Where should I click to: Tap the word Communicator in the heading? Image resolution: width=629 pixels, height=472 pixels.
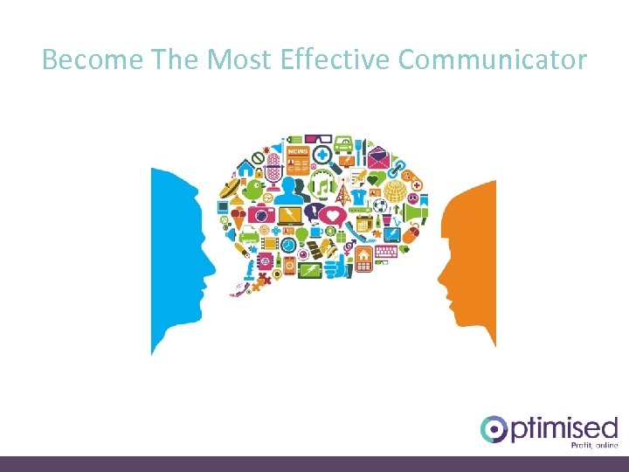[493, 59]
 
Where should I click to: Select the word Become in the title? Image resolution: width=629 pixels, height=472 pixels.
[92, 59]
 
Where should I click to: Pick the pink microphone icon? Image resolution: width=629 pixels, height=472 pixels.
[272, 165]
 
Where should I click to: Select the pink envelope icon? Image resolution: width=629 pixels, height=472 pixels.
[377, 159]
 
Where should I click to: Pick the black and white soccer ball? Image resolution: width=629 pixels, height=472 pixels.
[380, 206]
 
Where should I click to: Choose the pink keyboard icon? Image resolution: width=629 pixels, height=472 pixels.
[384, 251]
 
